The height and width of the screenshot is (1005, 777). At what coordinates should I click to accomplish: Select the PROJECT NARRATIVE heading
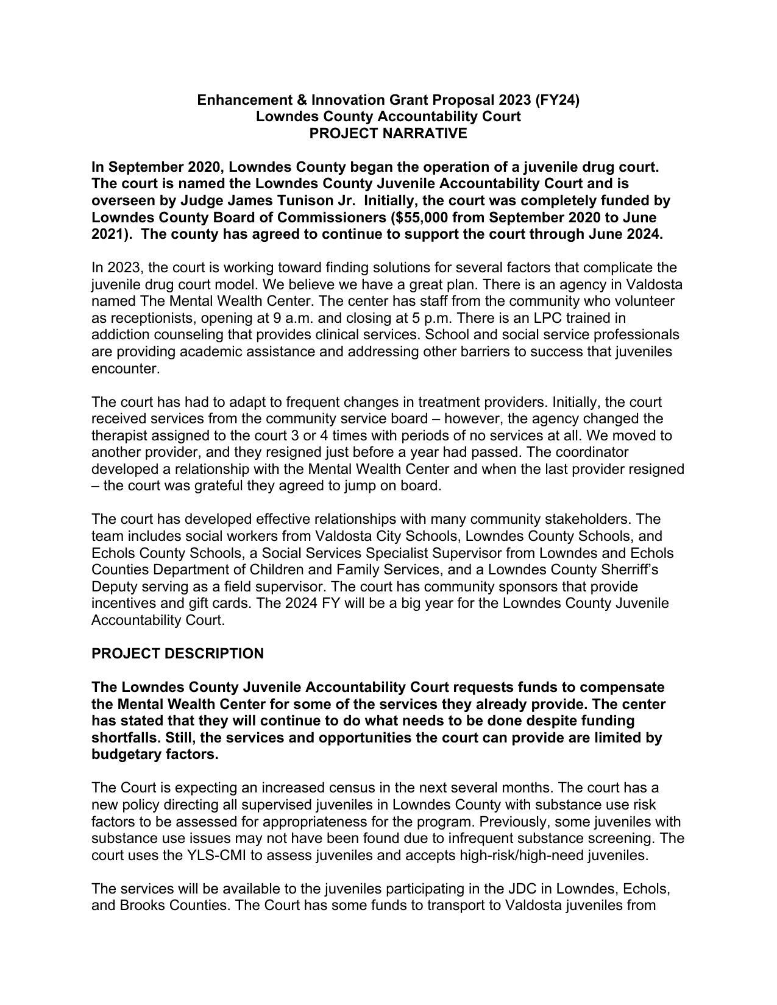tap(388, 133)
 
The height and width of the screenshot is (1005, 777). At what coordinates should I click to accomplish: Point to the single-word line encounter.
tap(125, 368)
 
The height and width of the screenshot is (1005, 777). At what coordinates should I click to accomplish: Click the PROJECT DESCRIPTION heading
tap(177, 654)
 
